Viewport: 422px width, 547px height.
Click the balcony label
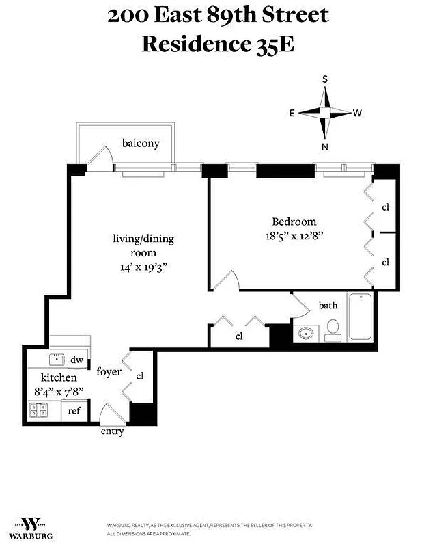pos(141,143)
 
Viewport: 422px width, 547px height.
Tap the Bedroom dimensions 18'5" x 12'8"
pos(294,235)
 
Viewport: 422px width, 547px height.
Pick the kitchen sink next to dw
pos(57,360)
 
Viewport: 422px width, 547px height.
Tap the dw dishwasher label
pos(76,360)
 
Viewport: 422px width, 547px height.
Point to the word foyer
pos(109,372)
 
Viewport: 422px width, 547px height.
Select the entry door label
pos(112,432)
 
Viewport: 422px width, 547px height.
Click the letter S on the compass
pos(325,80)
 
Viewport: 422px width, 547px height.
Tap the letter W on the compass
pos(357,113)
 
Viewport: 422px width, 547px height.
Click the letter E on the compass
pos(292,113)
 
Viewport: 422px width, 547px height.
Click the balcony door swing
pos(100,157)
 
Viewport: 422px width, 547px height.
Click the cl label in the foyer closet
pos(140,375)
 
